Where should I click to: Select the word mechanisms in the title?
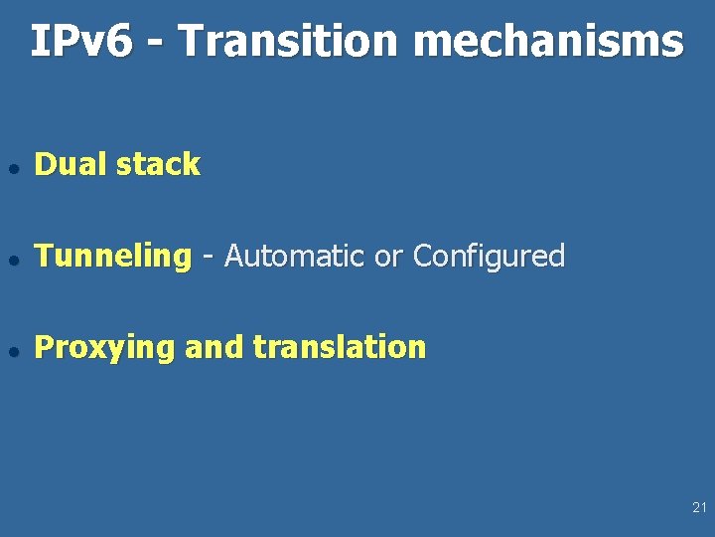[547, 42]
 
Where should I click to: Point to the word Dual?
[71, 164]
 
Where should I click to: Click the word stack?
[158, 164]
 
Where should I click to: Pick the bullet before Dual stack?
[12, 166]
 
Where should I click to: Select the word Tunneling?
[111, 257]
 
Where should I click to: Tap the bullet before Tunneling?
[12, 258]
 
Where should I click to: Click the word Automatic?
[295, 257]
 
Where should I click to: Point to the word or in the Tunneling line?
[388, 258]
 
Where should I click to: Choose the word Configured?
[489, 257]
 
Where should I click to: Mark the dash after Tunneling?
[208, 258]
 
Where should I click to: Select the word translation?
[340, 348]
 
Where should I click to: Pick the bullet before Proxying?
[12, 349]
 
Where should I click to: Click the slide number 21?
[699, 508]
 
